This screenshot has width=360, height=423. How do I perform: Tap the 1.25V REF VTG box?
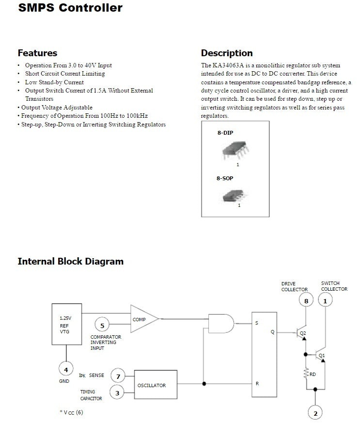pyautogui.click(x=66, y=324)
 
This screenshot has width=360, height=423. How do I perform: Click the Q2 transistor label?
pyautogui.click(x=303, y=333)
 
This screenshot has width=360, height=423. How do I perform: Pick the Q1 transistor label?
pyautogui.click(x=322, y=355)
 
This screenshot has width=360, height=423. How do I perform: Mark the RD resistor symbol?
pyautogui.click(x=306, y=373)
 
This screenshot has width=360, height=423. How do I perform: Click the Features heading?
pyautogui.click(x=37, y=53)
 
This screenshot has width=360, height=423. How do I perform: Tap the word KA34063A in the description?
pyautogui.click(x=228, y=65)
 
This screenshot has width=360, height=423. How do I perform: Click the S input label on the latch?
pyautogui.click(x=256, y=323)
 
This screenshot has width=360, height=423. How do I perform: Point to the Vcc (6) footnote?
pyautogui.click(x=71, y=412)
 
